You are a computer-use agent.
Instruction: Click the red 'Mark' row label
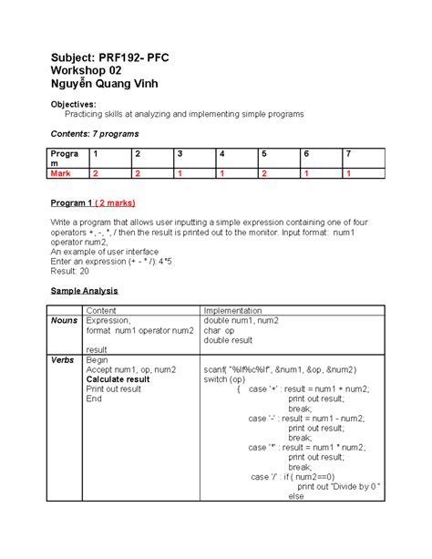click(61, 172)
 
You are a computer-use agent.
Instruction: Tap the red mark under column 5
click(262, 172)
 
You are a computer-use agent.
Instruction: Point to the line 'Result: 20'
click(72, 270)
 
